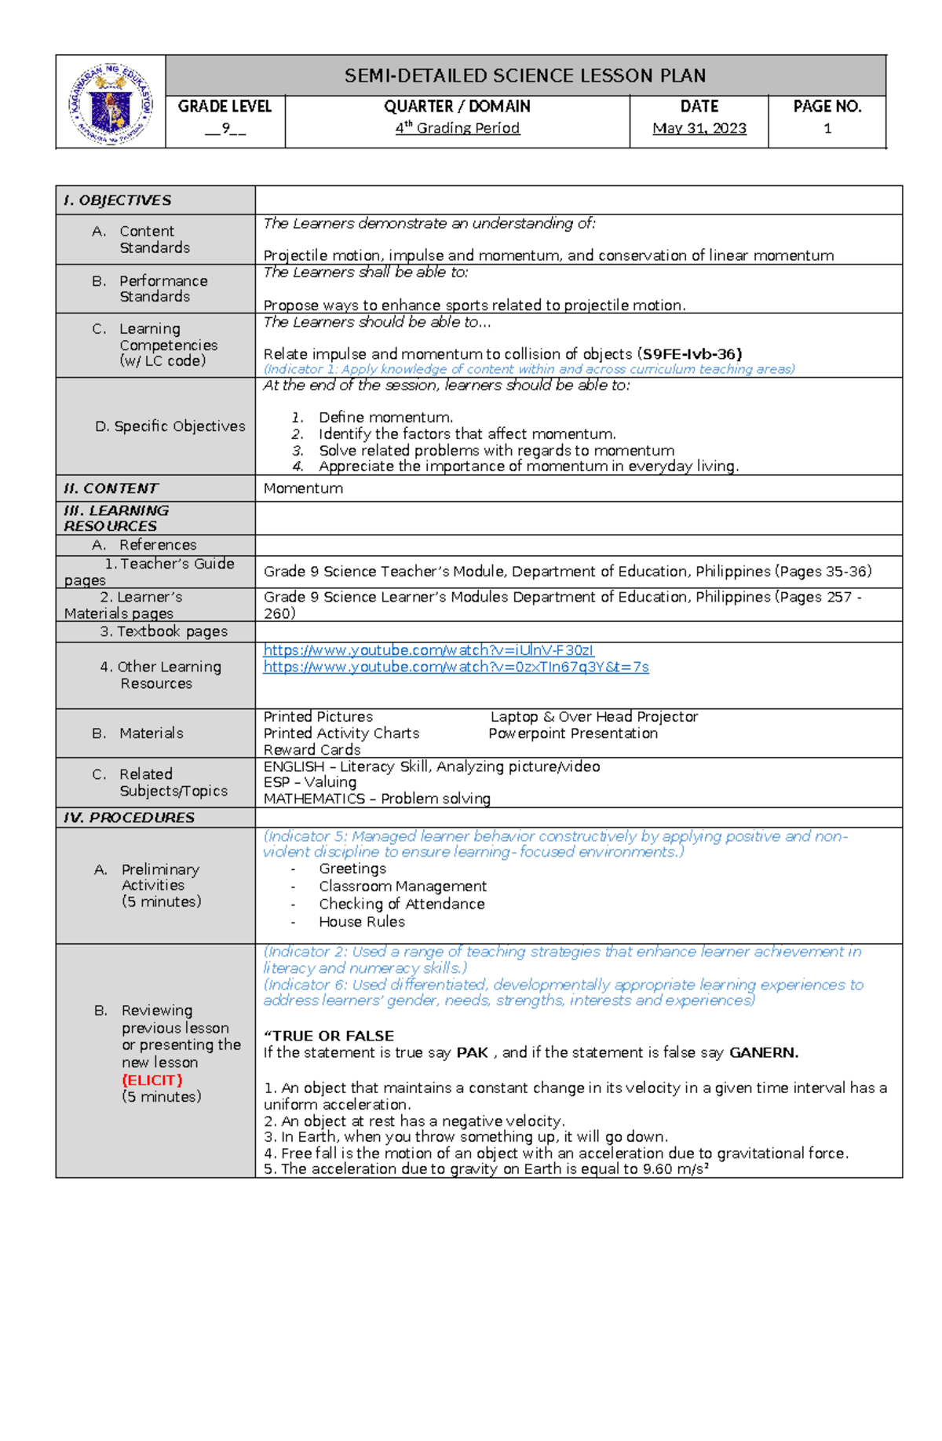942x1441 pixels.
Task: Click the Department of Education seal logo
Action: click(111, 103)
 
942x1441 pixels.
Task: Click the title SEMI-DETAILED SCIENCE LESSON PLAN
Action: click(525, 76)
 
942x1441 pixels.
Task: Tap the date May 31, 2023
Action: click(699, 128)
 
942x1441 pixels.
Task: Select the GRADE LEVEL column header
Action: click(225, 107)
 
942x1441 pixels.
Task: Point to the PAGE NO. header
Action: click(827, 107)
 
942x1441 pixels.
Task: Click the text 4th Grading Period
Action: click(457, 128)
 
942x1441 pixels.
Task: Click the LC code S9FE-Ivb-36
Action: click(692, 354)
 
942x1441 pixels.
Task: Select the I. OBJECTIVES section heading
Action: click(117, 200)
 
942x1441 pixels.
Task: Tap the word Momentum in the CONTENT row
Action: click(303, 488)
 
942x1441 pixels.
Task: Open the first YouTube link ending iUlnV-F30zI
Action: click(429, 650)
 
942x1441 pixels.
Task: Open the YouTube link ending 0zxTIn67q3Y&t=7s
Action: click(455, 667)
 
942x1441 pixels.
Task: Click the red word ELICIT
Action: click(152, 1080)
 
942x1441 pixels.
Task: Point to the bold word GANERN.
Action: click(763, 1052)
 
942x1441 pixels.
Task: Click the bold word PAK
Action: click(472, 1052)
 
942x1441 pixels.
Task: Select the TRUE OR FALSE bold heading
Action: click(329, 1036)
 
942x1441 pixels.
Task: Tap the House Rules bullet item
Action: click(361, 922)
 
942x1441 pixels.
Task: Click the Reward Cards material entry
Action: click(312, 750)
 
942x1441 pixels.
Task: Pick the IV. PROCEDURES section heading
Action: click(129, 817)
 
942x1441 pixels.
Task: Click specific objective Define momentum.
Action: click(385, 418)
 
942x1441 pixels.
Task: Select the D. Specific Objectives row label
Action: click(170, 426)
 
